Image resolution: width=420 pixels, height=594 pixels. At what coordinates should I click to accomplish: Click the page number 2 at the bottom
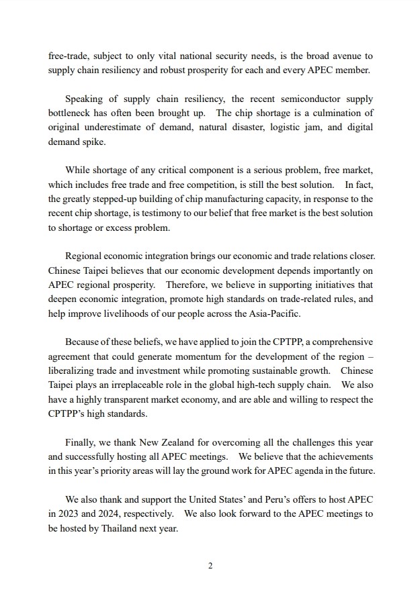(x=210, y=565)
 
